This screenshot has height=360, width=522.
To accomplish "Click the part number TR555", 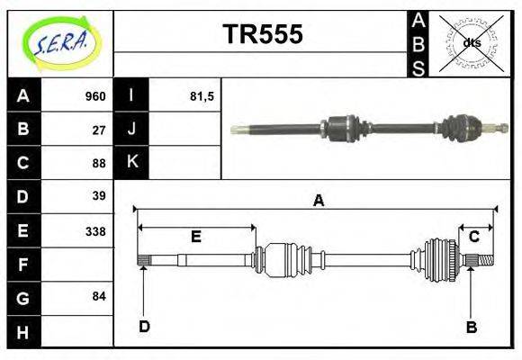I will click(262, 35).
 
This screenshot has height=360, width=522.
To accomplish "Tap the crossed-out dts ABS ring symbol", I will click(471, 42).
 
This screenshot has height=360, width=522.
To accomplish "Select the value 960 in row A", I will click(94, 96).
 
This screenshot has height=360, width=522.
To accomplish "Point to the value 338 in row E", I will click(95, 230).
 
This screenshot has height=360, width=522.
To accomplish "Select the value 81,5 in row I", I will click(202, 96).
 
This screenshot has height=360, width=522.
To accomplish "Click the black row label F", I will click(23, 264).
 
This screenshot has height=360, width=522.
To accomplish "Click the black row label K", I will click(132, 163).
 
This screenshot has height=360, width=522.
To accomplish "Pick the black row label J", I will click(132, 130).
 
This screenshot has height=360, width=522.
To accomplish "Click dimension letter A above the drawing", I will click(318, 201).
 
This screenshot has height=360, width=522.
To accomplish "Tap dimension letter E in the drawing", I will click(195, 237).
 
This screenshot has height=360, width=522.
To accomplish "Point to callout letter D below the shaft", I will click(144, 327).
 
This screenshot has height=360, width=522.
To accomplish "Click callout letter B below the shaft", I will click(471, 327).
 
